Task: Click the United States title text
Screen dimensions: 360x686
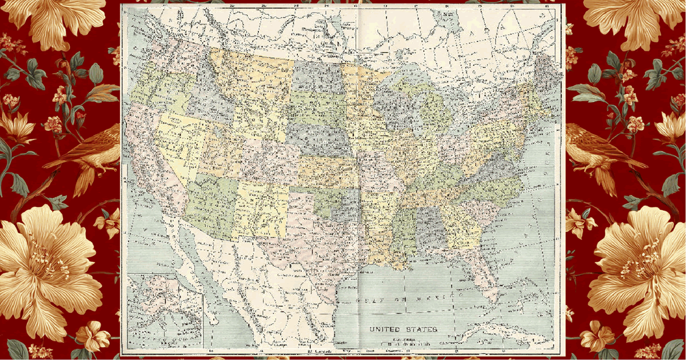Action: point(403,329)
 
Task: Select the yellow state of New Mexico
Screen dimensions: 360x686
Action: point(264,209)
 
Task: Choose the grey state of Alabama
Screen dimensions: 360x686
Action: point(429,229)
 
